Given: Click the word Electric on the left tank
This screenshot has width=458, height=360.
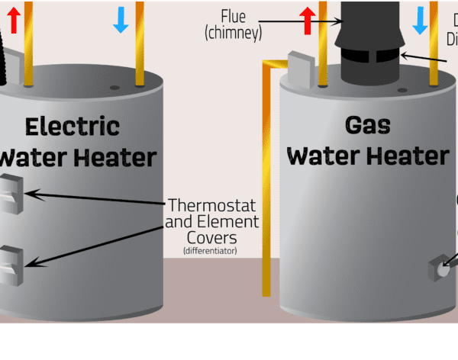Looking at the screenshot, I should tap(72, 126).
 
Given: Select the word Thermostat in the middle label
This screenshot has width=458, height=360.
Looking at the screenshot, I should tap(211, 206).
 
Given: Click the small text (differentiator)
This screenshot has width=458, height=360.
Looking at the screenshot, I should tap(210, 251).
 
